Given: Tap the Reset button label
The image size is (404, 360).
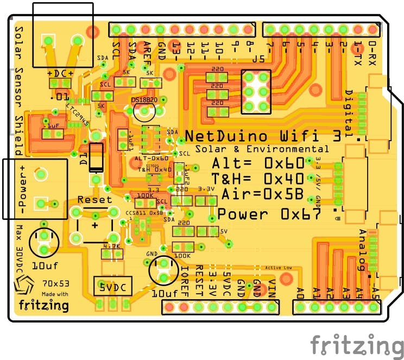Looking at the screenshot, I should (x=94, y=199).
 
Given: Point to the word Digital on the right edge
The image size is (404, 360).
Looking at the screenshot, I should (x=349, y=111).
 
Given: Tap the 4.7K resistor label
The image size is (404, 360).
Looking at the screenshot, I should (x=112, y=246).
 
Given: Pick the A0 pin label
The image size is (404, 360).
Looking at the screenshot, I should (x=300, y=293).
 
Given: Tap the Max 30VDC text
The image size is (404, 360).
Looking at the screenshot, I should (x=19, y=250).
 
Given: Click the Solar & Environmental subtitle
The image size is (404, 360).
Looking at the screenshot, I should (x=262, y=149).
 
